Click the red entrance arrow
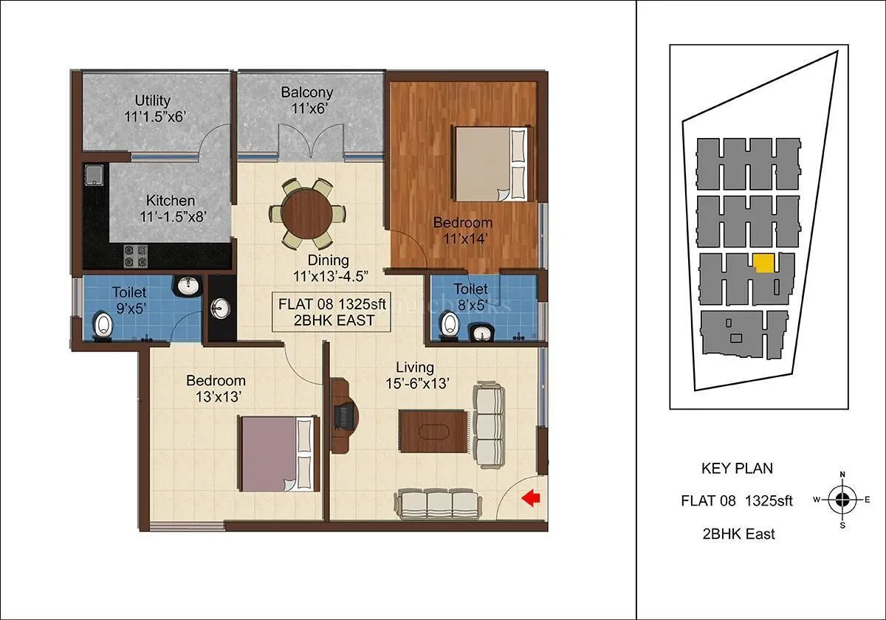click(531, 499)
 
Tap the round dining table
click(306, 213)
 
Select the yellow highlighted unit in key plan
click(763, 263)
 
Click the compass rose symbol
click(842, 500)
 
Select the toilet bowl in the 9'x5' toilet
click(104, 325)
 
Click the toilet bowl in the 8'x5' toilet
click(449, 323)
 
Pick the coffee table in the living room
click(433, 430)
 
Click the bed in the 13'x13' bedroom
click(278, 453)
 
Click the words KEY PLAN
click(736, 468)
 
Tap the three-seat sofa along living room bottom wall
click(439, 505)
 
